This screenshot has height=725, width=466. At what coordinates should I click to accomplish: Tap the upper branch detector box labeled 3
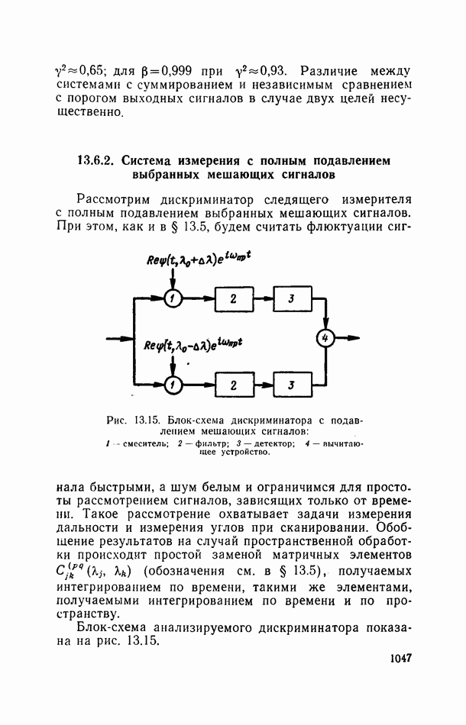(x=291, y=298)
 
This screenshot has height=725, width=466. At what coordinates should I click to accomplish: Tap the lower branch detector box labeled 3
(x=291, y=385)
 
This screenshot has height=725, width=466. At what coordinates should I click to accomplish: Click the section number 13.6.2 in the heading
(x=95, y=161)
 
